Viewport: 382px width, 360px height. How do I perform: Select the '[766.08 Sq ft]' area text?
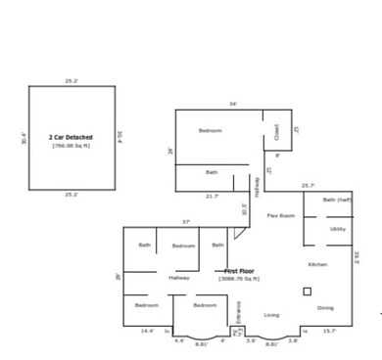(x=71, y=145)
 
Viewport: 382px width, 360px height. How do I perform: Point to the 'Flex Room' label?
(x=282, y=215)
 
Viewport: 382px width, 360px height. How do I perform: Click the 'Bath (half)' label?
(x=336, y=201)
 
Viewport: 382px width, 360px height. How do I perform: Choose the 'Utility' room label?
(x=337, y=229)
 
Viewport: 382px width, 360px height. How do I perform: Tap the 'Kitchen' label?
(x=317, y=265)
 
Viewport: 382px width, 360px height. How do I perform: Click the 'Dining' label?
(x=324, y=307)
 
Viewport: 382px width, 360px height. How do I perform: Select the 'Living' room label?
(x=271, y=315)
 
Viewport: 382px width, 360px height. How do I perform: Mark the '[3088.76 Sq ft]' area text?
(x=238, y=280)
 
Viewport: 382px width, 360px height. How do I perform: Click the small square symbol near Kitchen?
(x=307, y=291)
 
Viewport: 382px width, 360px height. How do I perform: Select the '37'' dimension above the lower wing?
(x=184, y=222)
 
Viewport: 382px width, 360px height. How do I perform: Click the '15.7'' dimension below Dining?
(x=329, y=331)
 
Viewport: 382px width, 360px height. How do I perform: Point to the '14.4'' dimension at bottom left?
(x=147, y=331)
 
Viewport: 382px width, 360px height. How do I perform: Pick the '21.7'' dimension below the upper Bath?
(x=212, y=196)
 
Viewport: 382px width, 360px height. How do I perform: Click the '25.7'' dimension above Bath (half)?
(x=308, y=186)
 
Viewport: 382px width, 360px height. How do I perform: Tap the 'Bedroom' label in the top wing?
(x=211, y=131)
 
